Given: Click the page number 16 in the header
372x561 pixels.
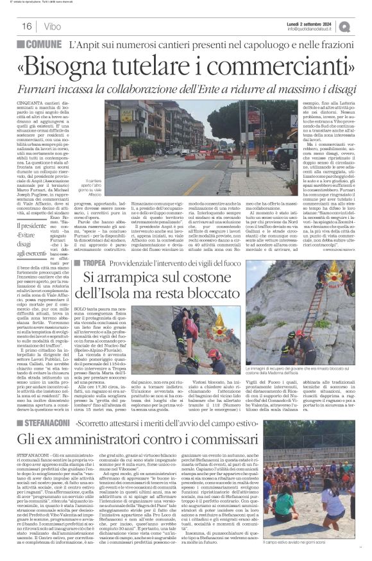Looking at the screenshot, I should point(27,26).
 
